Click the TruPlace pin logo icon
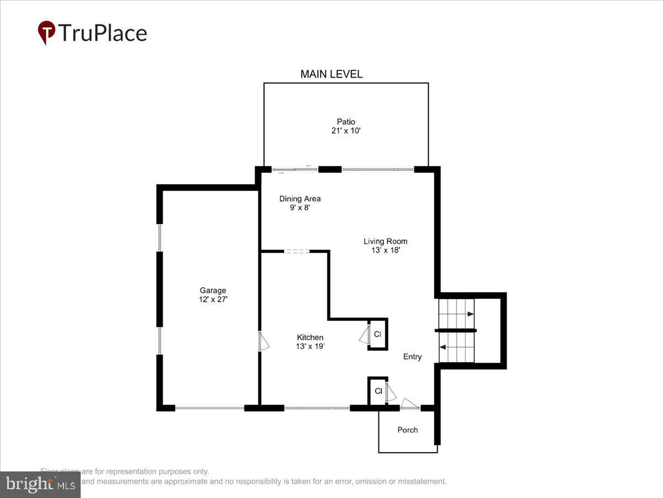click(46, 32)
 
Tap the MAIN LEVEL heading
click(331, 74)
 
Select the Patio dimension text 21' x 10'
click(346, 131)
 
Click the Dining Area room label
click(299, 199)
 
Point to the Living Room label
click(385, 241)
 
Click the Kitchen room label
click(310, 338)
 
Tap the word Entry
click(412, 357)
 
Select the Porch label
click(408, 430)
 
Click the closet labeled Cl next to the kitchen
click(377, 334)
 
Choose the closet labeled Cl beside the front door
click(378, 391)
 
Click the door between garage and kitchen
click(263, 341)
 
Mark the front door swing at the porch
click(410, 404)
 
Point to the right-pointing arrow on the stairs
click(469, 314)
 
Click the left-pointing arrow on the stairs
click(443, 347)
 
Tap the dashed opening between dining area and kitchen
click(297, 252)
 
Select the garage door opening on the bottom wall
click(209, 408)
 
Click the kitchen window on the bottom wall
click(317, 408)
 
